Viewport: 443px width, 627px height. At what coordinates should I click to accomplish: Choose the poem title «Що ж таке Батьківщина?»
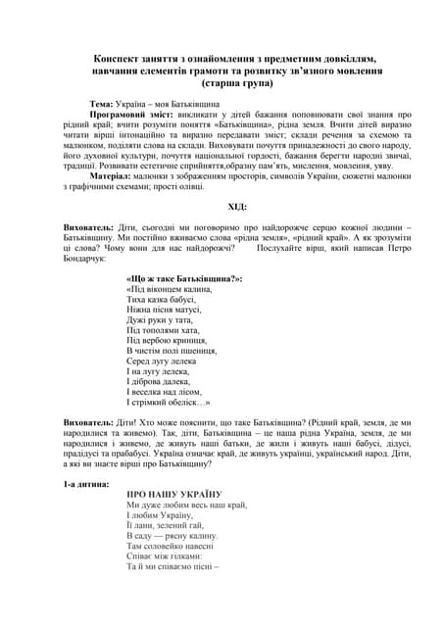pyautogui.click(x=184, y=279)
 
